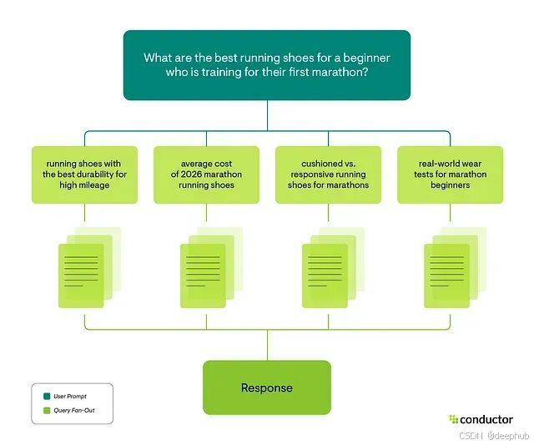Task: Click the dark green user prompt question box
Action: click(267, 65)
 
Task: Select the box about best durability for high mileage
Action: click(84, 174)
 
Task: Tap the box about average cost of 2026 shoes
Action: click(206, 174)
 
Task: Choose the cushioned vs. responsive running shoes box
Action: click(328, 174)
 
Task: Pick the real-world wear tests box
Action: click(450, 174)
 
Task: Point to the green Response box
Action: click(267, 387)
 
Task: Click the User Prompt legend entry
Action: click(70, 396)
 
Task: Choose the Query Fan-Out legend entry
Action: click(73, 411)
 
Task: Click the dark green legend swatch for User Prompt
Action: click(48, 396)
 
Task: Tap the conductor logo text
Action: click(486, 419)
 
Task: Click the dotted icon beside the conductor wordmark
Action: click(453, 419)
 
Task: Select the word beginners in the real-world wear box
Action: click(450, 185)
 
